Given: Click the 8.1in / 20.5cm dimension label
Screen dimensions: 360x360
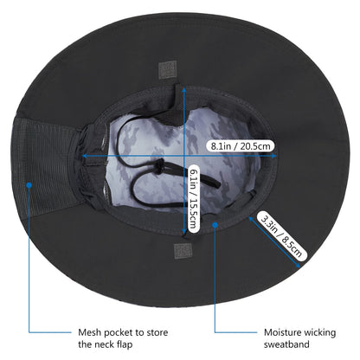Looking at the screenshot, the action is [x=240, y=146].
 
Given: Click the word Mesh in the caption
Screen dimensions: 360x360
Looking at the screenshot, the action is [x=90, y=332].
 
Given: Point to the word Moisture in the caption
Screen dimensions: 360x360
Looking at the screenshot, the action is [x=282, y=332].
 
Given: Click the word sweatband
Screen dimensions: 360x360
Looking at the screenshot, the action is [x=286, y=344].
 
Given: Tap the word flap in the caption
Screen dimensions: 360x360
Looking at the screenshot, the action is [x=125, y=344].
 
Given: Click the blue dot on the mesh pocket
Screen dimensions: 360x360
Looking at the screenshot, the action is [x=29, y=185].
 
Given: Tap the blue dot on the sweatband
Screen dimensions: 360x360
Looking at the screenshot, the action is [x=215, y=224].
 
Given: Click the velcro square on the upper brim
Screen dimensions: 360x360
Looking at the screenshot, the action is [x=168, y=69].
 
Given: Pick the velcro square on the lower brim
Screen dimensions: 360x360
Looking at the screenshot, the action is [x=183, y=251].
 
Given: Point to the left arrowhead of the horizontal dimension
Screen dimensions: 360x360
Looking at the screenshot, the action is [x=85, y=156].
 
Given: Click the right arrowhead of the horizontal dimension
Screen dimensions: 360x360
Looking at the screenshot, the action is [x=274, y=156].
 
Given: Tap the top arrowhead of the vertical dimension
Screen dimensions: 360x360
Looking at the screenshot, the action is [x=184, y=89].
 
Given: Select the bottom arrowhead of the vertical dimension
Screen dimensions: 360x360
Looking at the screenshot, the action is [x=184, y=232].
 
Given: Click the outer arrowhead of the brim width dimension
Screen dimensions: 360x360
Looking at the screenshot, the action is [x=299, y=265].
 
